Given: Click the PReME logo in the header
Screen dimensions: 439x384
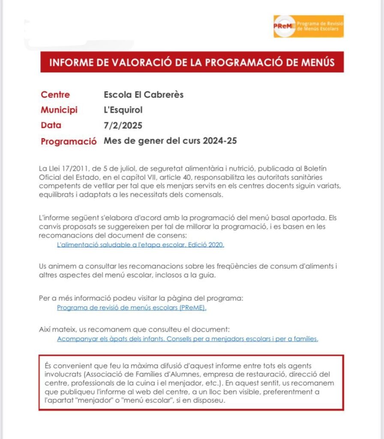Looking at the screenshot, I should pyautogui.click(x=308, y=26).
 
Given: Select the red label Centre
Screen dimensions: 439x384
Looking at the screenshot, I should pyautogui.click(x=55, y=95).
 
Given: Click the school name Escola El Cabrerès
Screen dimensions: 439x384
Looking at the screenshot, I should pyautogui.click(x=144, y=95).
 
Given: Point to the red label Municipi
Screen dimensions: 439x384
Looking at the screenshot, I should pyautogui.click(x=59, y=110).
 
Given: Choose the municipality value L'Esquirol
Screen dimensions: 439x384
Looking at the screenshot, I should pyautogui.click(x=123, y=110).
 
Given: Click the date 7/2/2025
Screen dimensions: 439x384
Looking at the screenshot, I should pyautogui.click(x=123, y=126).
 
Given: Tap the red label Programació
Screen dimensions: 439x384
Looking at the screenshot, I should pyautogui.click(x=69, y=141).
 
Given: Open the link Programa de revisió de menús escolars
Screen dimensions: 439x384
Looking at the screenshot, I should pyautogui.click(x=132, y=307).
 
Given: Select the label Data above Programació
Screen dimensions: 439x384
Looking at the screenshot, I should pyautogui.click(x=51, y=126).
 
